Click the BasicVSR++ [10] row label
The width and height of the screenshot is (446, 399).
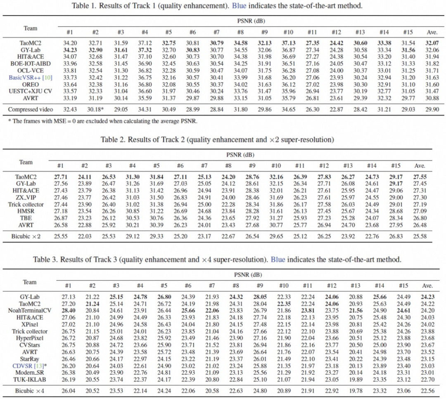click(x=31, y=78)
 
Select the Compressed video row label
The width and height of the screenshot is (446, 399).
click(x=31, y=109)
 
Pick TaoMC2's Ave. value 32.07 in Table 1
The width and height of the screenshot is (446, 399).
click(x=432, y=43)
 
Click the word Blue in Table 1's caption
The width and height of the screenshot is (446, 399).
click(x=239, y=6)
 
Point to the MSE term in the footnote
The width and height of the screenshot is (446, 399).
click(x=59, y=121)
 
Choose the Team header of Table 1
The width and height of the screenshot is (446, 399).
click(x=31, y=28)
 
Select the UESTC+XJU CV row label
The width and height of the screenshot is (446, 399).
click(x=31, y=91)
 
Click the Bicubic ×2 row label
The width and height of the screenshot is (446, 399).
click(x=26, y=236)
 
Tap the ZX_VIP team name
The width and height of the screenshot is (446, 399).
click(x=26, y=198)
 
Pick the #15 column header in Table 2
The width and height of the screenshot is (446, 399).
click(x=396, y=166)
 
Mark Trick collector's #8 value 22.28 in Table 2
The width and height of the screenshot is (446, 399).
click(x=228, y=205)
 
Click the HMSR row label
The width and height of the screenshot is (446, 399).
click(x=26, y=211)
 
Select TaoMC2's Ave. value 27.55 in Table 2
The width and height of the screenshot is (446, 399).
click(x=420, y=177)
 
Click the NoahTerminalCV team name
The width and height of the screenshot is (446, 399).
click(x=30, y=311)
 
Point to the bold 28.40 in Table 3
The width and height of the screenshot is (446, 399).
click(x=68, y=311)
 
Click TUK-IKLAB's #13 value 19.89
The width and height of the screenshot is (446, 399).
click(x=356, y=380)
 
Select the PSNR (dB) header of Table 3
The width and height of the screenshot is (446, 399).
click(x=248, y=275)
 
